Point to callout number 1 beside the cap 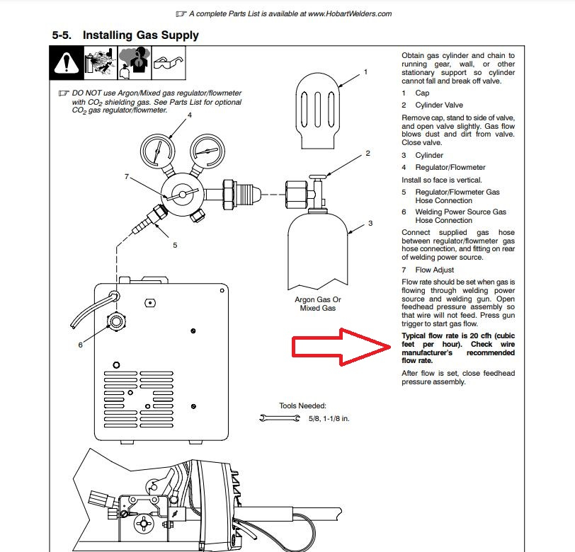pos(366,71)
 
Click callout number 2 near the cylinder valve pos(368,153)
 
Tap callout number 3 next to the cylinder pos(370,224)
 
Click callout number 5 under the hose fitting pos(175,245)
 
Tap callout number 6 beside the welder pos(80,345)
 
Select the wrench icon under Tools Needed pos(280,419)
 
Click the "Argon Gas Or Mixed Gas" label pos(317,304)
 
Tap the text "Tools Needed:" pos(302,406)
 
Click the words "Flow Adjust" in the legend pos(435,270)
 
